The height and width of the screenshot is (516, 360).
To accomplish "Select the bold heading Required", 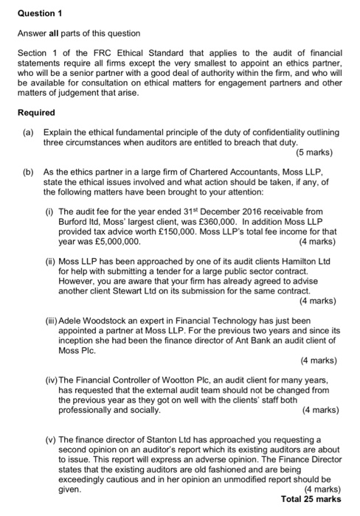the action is (x=35, y=113).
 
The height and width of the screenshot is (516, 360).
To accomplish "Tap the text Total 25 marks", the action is (x=311, y=499).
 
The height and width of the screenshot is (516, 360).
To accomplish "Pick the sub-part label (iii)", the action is (x=52, y=321).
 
